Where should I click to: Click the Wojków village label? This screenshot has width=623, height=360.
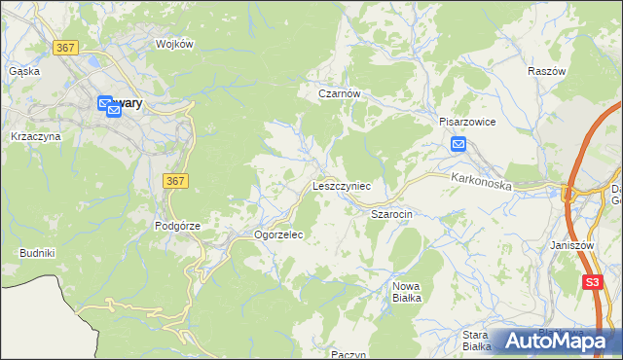(x=175, y=44)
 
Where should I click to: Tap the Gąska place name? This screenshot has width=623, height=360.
(x=23, y=71)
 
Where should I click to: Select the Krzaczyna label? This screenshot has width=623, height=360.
(x=35, y=136)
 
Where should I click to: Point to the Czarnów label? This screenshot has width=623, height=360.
(x=340, y=93)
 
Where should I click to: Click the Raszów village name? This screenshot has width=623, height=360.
(x=546, y=72)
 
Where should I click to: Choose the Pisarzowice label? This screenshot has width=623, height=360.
(x=467, y=123)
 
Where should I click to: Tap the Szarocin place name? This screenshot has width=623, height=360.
(x=392, y=212)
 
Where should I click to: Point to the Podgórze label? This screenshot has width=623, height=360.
(x=177, y=226)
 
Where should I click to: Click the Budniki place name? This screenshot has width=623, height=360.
(x=37, y=253)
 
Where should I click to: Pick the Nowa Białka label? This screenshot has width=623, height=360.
(x=407, y=292)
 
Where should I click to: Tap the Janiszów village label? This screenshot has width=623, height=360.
(x=571, y=246)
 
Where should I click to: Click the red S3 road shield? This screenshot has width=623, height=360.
(x=592, y=282)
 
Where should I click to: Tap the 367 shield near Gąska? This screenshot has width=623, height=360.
(x=66, y=47)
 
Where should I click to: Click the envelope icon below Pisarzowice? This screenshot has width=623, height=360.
(x=459, y=145)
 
